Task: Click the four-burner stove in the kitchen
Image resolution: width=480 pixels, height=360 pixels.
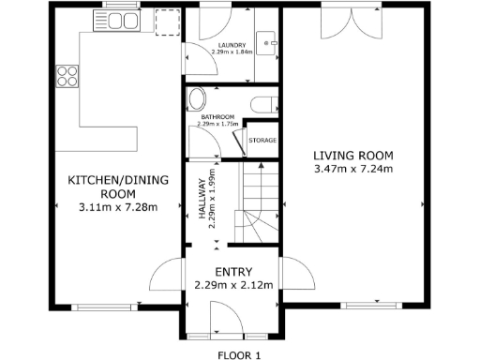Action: tap(67, 75)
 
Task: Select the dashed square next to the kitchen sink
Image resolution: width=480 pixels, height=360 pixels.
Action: tap(167, 22)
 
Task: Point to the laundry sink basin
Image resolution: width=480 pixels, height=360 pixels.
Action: tap(268, 43)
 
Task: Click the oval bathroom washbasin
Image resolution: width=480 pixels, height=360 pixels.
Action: tap(197, 100)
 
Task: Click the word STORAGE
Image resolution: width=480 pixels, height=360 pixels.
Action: tap(262, 141)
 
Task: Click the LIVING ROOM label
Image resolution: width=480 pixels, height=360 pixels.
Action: tap(353, 156)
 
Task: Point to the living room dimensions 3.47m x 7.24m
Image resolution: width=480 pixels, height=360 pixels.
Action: tap(353, 170)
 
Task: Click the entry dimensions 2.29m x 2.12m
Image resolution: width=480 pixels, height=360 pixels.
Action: tap(232, 285)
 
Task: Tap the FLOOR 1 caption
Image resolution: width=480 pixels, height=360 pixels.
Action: tap(239, 354)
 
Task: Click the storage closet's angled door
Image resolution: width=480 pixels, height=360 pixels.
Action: tap(239, 143)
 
